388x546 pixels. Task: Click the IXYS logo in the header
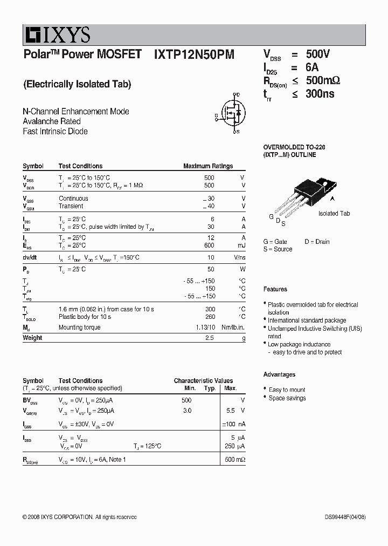coord(57,36)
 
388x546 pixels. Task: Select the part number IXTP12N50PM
coord(194,54)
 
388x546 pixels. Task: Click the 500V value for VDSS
coord(317,54)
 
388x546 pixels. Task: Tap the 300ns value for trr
coord(320,94)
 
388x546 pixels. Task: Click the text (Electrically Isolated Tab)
coord(77,84)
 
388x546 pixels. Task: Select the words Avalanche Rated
coord(52,121)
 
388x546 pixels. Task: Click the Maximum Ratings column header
coord(208,166)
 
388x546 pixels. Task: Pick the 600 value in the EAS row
coord(209,245)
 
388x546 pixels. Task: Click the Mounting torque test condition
coord(79,327)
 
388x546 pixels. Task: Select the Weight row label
coord(32,338)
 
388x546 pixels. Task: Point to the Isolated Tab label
coord(334,214)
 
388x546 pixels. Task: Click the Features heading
coord(275,289)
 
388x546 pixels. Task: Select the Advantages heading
coord(279,374)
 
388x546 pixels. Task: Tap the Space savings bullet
coord(287,398)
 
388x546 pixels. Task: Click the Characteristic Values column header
coord(203,380)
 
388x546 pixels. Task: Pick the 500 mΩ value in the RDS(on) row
coord(235,460)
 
